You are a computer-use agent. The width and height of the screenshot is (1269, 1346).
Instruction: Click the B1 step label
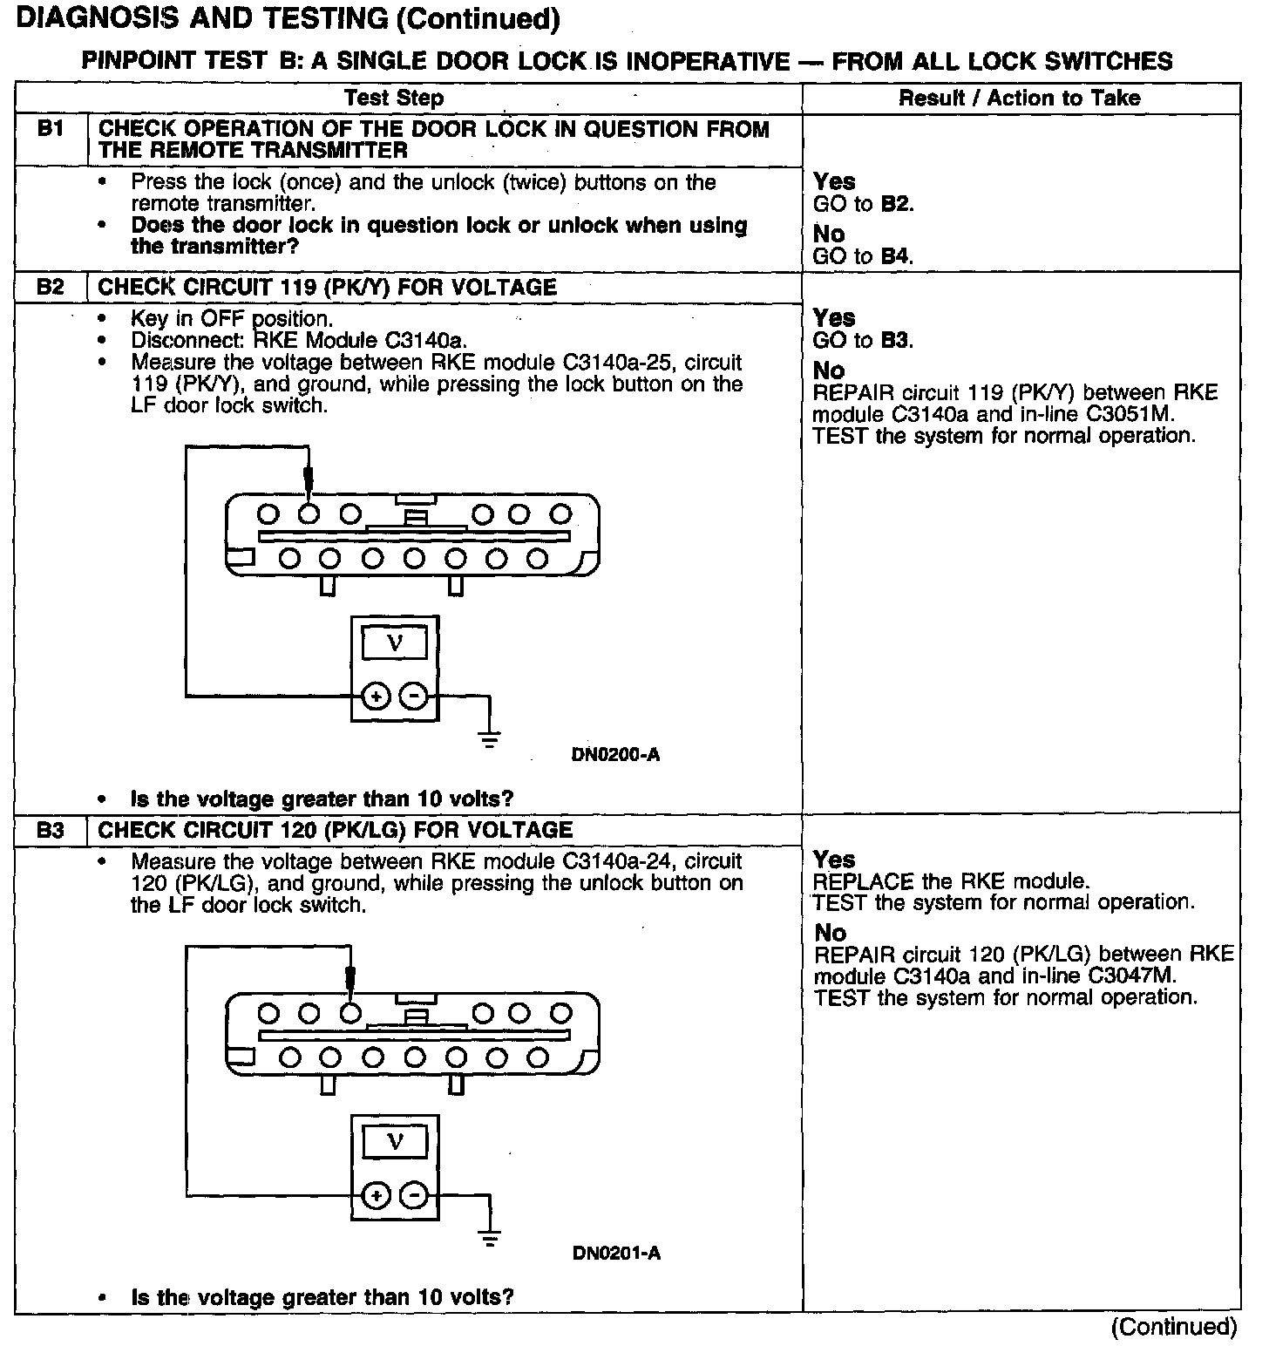(51, 130)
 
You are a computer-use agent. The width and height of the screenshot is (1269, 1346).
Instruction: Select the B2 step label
(51, 287)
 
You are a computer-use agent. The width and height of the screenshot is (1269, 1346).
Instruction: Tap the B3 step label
(51, 830)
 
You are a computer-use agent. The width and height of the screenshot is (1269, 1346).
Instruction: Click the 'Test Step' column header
(394, 99)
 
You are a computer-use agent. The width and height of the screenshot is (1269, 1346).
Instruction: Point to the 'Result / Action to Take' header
(1019, 98)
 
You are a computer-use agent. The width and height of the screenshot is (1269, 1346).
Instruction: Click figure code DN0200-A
(615, 755)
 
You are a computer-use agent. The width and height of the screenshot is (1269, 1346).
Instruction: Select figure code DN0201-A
(616, 1254)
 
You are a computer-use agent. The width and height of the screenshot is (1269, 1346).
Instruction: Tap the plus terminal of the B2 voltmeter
(375, 697)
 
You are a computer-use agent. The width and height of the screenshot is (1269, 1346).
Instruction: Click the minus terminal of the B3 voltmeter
(415, 1195)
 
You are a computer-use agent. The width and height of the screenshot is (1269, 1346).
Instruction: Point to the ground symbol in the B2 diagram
(490, 739)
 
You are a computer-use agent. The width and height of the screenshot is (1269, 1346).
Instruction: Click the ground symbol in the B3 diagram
(490, 1238)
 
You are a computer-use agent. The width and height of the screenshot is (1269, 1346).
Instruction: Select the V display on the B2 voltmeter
(395, 643)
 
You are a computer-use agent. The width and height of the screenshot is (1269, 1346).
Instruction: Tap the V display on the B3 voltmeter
(395, 1142)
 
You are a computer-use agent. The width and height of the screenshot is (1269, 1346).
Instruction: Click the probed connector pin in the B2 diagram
(308, 514)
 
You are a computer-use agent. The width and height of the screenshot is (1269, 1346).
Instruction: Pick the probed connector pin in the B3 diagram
(350, 1013)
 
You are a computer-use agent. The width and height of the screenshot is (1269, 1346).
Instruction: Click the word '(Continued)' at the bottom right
(1173, 1327)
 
